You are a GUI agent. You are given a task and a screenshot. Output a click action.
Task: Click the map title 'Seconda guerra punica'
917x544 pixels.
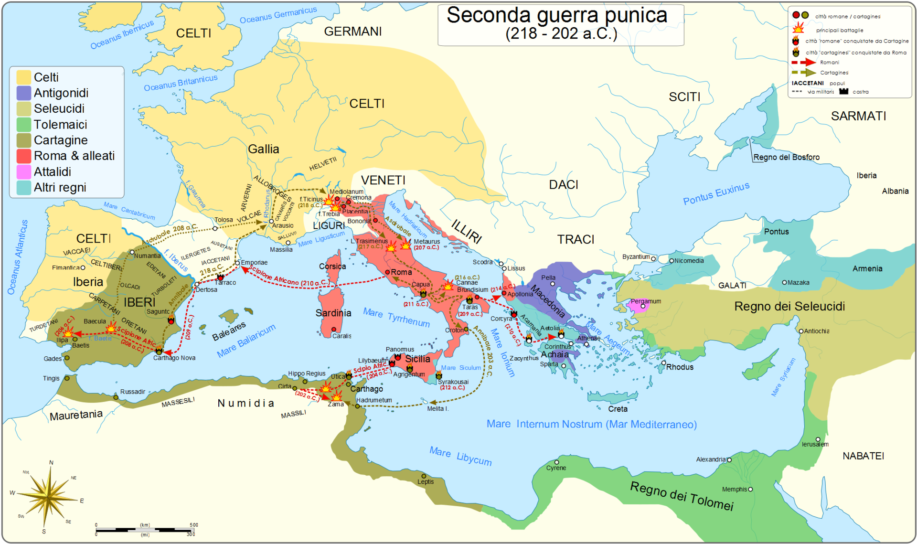(x=556, y=15)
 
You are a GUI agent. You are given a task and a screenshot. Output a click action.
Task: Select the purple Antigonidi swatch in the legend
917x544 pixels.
(x=24, y=93)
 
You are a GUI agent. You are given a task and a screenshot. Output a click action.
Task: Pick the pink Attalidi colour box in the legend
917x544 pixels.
(x=24, y=172)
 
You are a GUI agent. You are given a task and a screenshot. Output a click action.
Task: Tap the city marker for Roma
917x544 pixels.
(x=387, y=272)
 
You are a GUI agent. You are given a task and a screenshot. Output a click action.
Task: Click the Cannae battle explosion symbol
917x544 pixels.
(x=448, y=286)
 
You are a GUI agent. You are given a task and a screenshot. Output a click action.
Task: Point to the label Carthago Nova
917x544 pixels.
(x=174, y=358)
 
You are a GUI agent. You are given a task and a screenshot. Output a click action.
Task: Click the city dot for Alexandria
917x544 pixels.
(x=729, y=460)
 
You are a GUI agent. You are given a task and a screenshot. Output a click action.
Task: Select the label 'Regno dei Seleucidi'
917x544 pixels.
(x=789, y=306)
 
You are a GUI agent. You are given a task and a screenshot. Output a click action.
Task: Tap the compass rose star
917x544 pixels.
(x=49, y=497)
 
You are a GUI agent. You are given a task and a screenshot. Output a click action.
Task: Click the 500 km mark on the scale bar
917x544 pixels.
(x=194, y=525)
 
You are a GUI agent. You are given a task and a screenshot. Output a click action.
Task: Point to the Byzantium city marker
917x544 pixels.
(x=653, y=258)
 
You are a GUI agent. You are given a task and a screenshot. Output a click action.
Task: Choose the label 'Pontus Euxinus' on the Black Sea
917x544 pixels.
(x=715, y=193)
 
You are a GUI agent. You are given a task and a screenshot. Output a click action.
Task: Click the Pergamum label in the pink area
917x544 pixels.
(x=646, y=301)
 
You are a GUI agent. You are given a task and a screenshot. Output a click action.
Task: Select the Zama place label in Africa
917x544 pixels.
(x=335, y=404)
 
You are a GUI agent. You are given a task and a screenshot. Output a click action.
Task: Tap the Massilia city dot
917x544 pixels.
(x=288, y=243)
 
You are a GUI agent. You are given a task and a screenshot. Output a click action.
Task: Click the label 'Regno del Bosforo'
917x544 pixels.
(x=786, y=157)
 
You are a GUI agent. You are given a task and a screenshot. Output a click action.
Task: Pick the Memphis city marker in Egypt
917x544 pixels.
(x=750, y=489)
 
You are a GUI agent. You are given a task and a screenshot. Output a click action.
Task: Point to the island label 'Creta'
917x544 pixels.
(x=618, y=409)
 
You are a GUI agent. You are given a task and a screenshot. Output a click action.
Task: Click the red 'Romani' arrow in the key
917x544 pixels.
(x=804, y=62)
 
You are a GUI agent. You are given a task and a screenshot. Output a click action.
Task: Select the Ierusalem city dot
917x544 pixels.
(x=818, y=439)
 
